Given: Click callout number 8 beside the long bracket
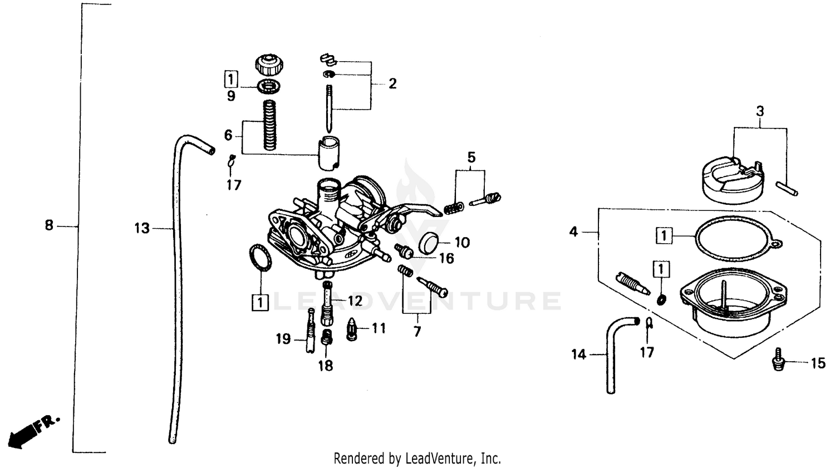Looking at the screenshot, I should click(x=49, y=225).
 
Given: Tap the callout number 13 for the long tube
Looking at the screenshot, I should click(x=142, y=228).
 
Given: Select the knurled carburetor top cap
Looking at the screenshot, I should click(x=268, y=65).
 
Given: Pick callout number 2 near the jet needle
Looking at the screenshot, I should click(x=392, y=83).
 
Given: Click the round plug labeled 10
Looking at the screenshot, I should click(x=429, y=243).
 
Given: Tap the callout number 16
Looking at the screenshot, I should click(x=446, y=258).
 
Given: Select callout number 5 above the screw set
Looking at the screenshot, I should click(x=471, y=157).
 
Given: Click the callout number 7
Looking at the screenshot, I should click(x=417, y=332).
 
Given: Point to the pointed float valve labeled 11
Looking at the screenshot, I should click(x=352, y=329).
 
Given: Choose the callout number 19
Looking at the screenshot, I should click(x=283, y=338).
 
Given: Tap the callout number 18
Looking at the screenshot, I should click(x=326, y=366).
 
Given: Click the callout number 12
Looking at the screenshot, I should click(x=355, y=301).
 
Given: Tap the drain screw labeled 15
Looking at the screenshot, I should click(x=778, y=360).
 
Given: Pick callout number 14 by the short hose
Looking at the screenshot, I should click(x=579, y=354).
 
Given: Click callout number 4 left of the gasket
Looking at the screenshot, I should click(x=574, y=231).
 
